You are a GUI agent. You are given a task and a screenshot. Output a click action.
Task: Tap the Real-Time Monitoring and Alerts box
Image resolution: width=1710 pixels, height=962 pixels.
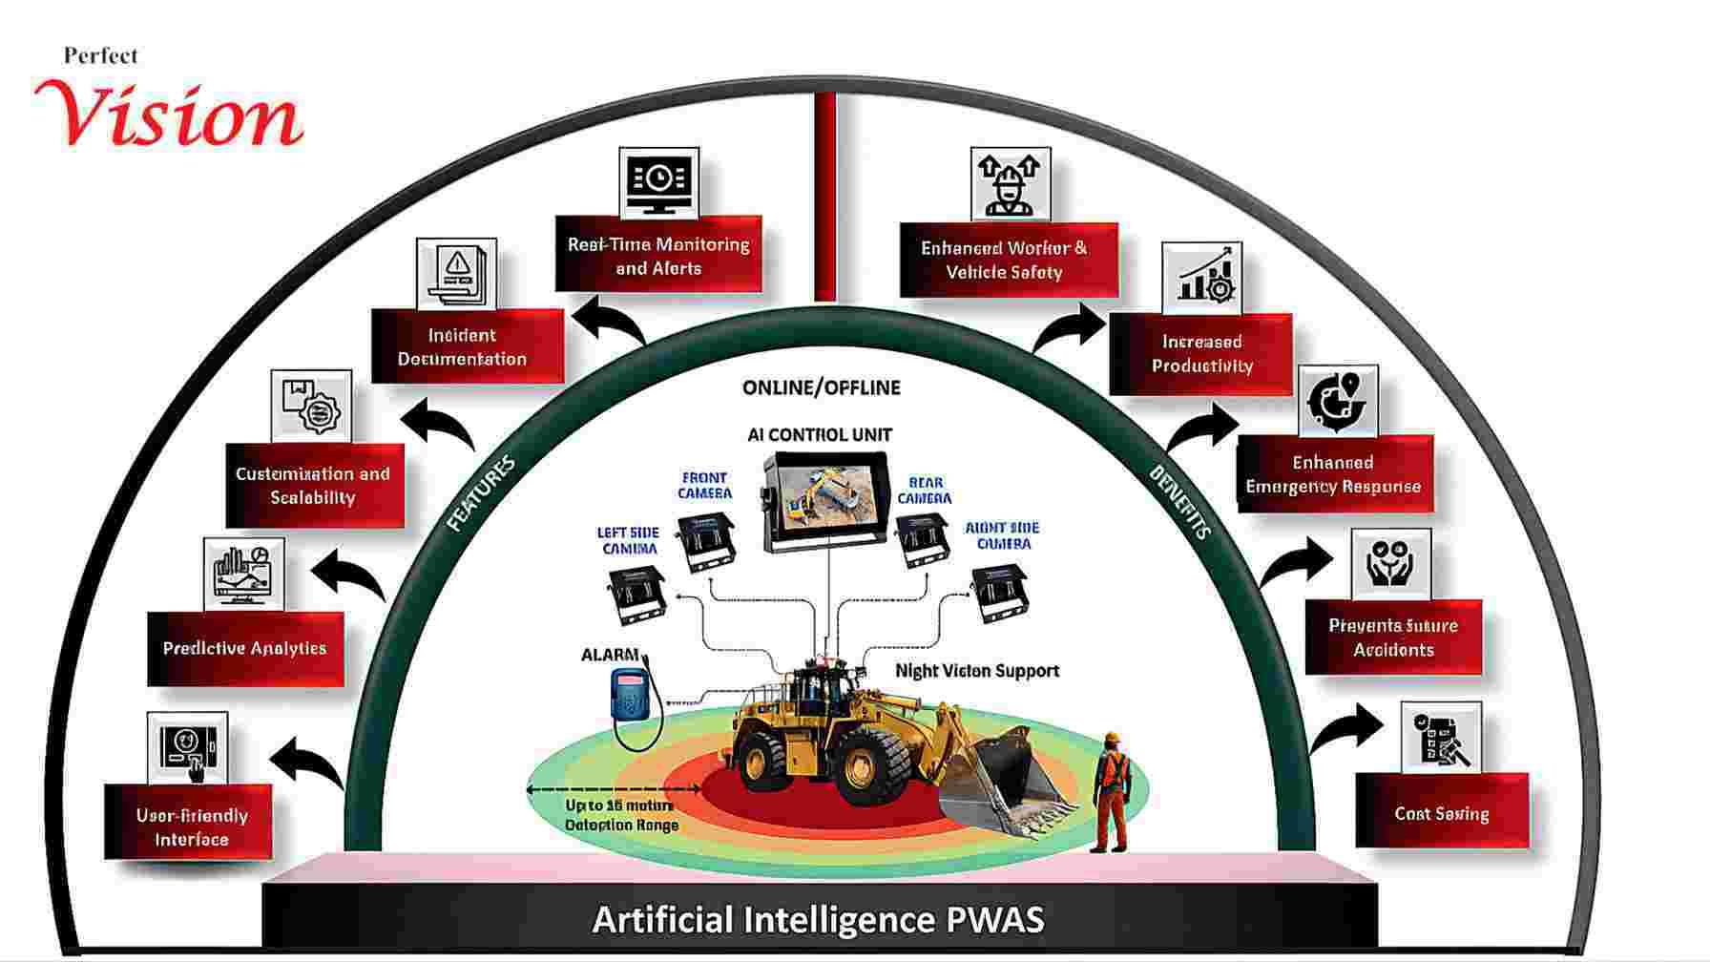(x=658, y=255)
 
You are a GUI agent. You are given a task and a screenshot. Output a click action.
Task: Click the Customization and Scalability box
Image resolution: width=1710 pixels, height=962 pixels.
(x=314, y=485)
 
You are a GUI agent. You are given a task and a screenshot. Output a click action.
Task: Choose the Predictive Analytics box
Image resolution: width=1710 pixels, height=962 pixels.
(x=245, y=649)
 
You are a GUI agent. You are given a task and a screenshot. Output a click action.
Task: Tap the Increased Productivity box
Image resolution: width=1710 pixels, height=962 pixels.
(x=1201, y=354)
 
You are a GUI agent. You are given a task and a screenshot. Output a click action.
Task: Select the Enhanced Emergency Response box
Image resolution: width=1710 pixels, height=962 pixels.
(x=1334, y=474)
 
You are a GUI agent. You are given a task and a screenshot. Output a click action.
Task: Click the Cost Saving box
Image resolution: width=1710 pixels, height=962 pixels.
(x=1442, y=812)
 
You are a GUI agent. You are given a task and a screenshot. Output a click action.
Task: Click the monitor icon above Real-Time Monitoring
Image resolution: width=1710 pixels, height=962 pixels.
(x=658, y=180)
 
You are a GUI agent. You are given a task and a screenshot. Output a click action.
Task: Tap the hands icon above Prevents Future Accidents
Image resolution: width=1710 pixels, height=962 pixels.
(x=1391, y=564)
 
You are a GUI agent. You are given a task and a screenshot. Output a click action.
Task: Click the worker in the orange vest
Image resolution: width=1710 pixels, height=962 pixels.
(x=1110, y=790)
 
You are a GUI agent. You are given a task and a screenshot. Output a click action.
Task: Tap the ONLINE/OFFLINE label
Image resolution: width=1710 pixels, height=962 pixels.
(x=821, y=387)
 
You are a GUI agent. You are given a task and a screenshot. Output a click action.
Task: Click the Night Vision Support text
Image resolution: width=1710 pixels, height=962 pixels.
(x=976, y=671)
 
